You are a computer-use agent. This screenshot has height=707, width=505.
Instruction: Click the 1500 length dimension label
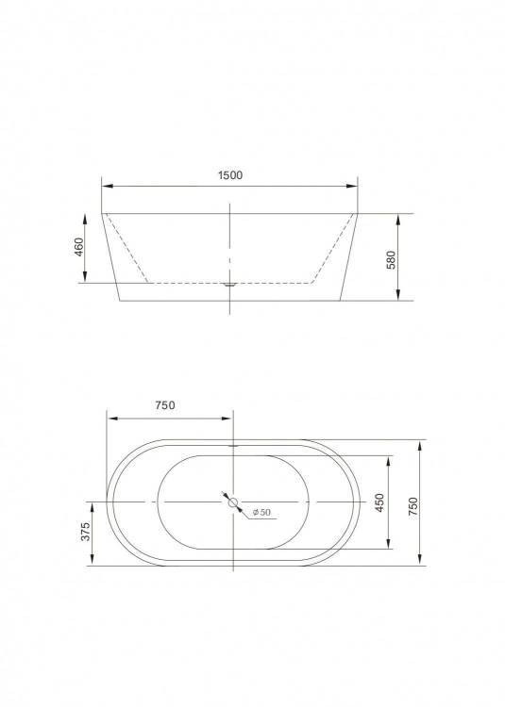pyautogui.click(x=230, y=175)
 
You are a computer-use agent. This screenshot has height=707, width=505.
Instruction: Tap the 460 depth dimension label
pyautogui.click(x=79, y=247)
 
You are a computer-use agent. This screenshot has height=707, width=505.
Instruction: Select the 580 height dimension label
pyautogui.click(x=391, y=260)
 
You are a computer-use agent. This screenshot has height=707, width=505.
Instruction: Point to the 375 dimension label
pyautogui.click(x=85, y=532)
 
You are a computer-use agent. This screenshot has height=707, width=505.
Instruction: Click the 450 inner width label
pyautogui.click(x=379, y=502)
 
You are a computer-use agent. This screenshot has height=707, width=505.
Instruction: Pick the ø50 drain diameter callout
pyautogui.click(x=261, y=512)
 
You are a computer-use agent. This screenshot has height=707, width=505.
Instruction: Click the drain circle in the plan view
pyautogui.click(x=233, y=501)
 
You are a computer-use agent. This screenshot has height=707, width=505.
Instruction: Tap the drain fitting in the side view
pyautogui.click(x=230, y=285)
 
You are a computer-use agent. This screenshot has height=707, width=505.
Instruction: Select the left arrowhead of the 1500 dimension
pyautogui.click(x=108, y=186)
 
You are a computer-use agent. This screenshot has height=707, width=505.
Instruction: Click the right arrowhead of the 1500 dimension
pyautogui.click(x=352, y=186)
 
